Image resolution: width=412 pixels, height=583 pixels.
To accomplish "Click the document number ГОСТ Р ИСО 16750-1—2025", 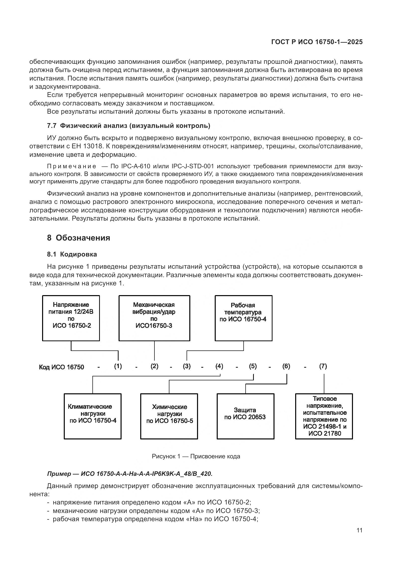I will coord(317,42).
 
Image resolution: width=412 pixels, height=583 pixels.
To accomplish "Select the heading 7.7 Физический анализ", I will coord(129,126).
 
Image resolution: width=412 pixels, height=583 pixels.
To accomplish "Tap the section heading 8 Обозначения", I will coord(78,238).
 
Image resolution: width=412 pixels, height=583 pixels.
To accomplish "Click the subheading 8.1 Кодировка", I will coord(72,254).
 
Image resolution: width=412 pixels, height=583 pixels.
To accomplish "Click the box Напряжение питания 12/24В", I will coord(71,318).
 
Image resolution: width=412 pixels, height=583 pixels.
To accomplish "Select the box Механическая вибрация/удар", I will coord(154,318).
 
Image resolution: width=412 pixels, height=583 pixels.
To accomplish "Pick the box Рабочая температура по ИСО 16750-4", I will coord(243,318).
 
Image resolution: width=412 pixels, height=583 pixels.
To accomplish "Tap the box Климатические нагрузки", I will coord(93,416).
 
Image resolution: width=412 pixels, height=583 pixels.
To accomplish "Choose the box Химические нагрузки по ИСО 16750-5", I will coord(169,416).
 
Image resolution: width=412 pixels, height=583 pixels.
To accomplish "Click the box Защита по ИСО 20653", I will coord(245,416).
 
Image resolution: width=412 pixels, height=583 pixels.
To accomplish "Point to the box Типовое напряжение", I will coord(324,416).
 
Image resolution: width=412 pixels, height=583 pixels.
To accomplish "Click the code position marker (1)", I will coord(118,366).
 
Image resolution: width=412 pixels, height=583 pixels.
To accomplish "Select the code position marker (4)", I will coord(219,366).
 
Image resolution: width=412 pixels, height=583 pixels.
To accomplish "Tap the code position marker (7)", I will coord(323,366).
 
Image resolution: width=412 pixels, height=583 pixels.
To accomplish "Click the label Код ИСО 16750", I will coord(61,367).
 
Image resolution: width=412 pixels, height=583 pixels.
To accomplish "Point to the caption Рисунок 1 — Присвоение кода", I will coord(196,456).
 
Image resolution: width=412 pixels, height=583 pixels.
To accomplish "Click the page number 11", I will coord(359,530).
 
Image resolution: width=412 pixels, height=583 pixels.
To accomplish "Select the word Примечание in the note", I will coord(72,166).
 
